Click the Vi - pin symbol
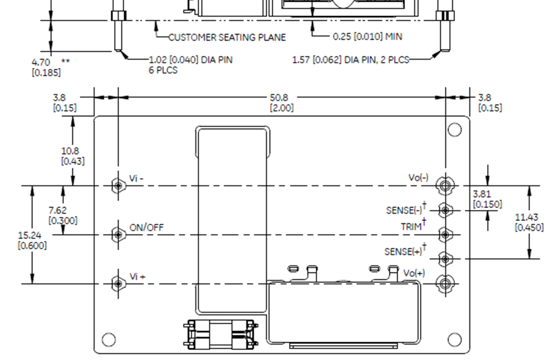(x=118, y=185)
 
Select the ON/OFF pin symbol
(x=118, y=235)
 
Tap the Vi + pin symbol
(x=118, y=284)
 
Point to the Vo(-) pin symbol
(x=444, y=185)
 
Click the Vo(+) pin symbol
(x=444, y=284)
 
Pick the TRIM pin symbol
(x=445, y=235)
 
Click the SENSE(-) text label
(x=404, y=210)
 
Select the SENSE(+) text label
(x=403, y=251)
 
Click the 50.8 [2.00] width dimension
(x=282, y=102)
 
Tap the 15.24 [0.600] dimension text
(x=32, y=240)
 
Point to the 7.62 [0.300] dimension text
(x=62, y=215)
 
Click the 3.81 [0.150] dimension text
(x=487, y=199)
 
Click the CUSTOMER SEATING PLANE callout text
(x=227, y=37)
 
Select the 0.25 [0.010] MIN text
(x=367, y=37)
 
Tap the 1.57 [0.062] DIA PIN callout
(x=350, y=60)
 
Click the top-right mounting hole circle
(x=454, y=130)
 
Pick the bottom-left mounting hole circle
(x=109, y=339)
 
